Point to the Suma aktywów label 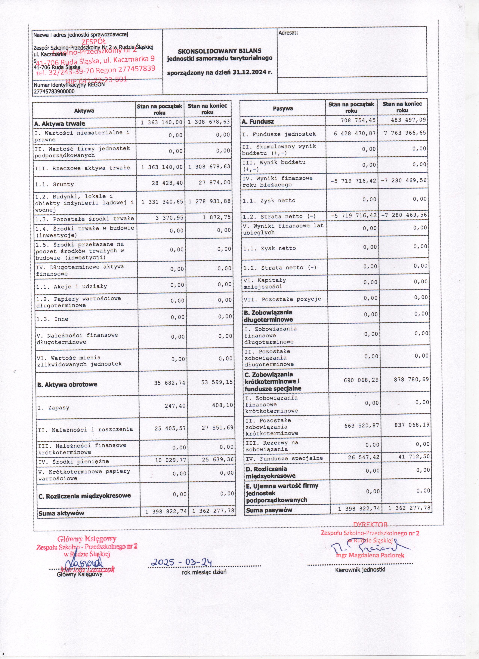pyautogui.click(x=61, y=513)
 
